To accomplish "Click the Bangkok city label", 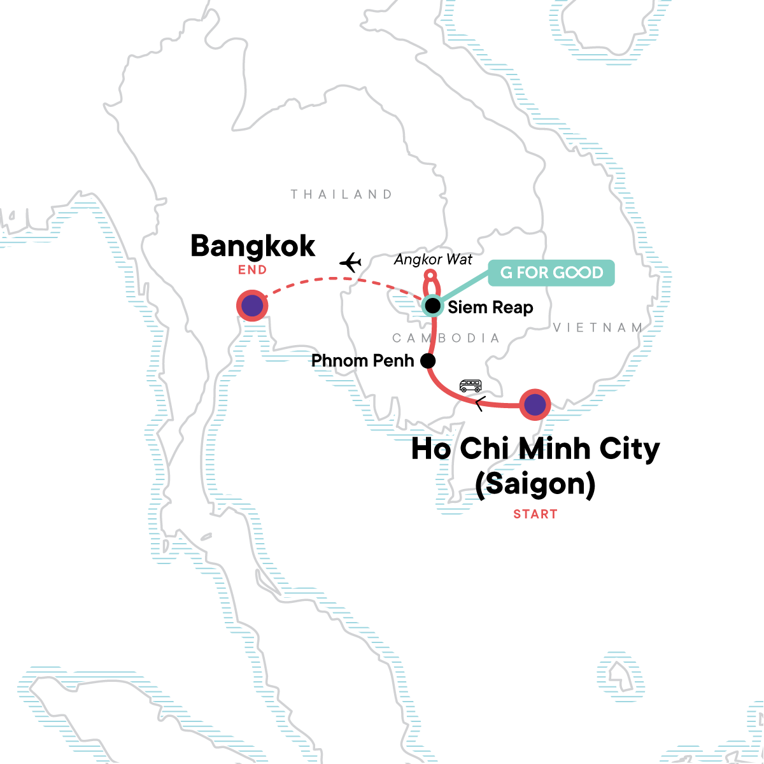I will click(x=253, y=246).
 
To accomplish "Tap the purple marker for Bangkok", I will click(x=252, y=306).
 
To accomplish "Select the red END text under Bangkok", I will click(x=253, y=270).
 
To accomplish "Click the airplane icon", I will click(x=350, y=262).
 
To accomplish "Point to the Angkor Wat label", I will click(x=433, y=259).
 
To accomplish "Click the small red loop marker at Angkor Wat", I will click(x=431, y=276).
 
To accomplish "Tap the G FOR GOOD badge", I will click(x=551, y=272).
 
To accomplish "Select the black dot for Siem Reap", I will click(x=433, y=306).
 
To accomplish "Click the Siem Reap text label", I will click(x=490, y=308).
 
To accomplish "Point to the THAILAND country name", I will click(x=342, y=194).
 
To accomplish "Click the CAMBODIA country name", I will click(x=446, y=338).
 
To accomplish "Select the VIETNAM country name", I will click(x=598, y=328).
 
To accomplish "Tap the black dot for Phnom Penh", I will click(x=428, y=361).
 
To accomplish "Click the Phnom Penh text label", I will click(x=362, y=361).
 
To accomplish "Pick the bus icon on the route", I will click(x=470, y=385).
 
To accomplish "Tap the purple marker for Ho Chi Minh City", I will click(x=535, y=404).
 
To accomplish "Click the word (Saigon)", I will click(x=535, y=484).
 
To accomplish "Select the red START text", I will click(x=535, y=514).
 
